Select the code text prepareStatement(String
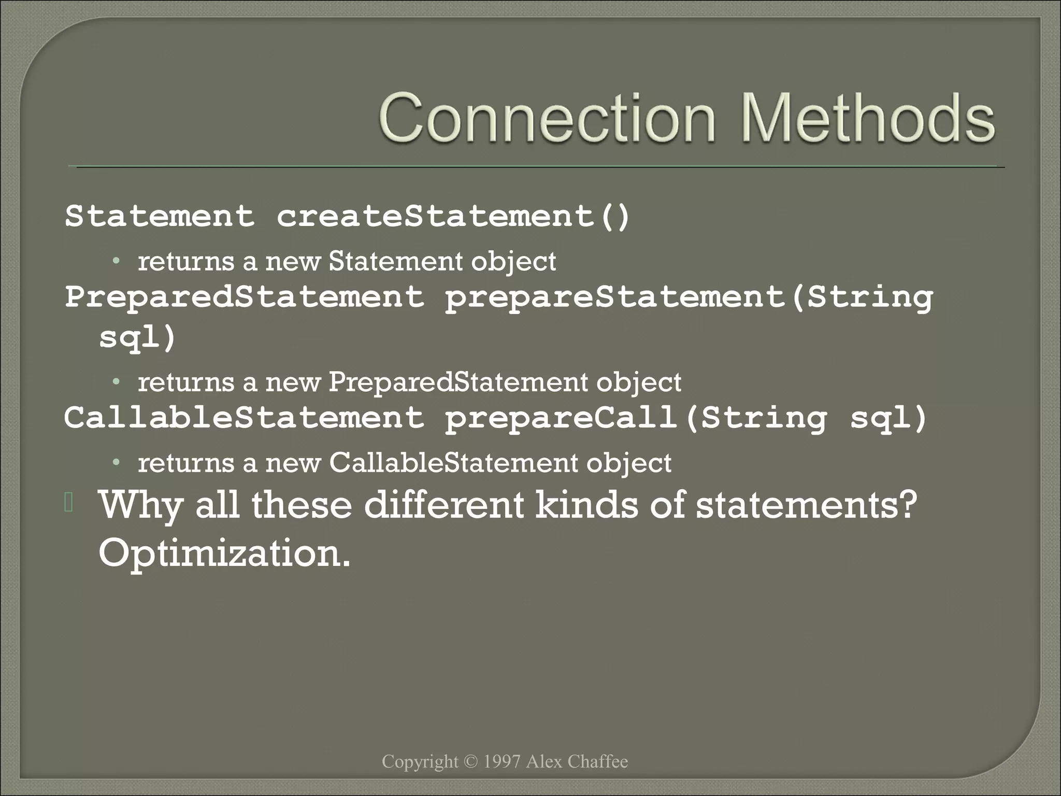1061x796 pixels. click(x=689, y=297)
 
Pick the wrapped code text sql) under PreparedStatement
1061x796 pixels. click(x=138, y=338)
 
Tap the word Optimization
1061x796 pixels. click(x=224, y=553)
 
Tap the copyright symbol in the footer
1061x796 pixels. click(x=470, y=761)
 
